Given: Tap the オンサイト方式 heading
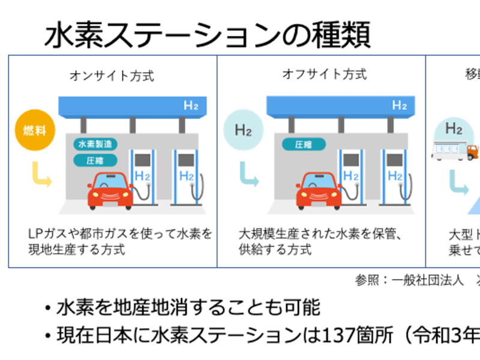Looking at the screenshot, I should [112, 76].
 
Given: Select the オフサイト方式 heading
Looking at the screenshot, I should [324, 74].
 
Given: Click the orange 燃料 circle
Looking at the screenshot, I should [31, 130].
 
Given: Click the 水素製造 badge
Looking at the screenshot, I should [95, 144].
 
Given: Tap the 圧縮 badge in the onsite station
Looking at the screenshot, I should [95, 160].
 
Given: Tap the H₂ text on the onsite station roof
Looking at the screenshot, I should [191, 106].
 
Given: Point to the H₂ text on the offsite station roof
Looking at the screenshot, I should [399, 106].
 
